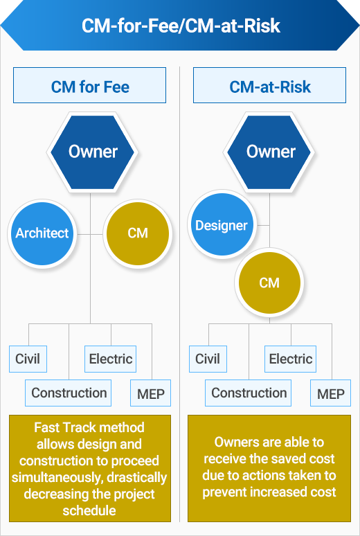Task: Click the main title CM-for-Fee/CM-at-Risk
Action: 181,26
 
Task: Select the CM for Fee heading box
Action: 89,85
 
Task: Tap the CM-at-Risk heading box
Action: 270,85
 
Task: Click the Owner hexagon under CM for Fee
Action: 93,152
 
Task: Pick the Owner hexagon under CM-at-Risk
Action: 271,152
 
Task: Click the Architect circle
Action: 42,233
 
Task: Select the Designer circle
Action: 222,224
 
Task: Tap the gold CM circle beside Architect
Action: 138,233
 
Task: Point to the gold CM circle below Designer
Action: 269,283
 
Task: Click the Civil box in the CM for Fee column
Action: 28,359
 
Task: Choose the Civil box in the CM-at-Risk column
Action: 208,359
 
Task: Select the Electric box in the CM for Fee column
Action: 111,359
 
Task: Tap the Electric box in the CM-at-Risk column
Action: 290,359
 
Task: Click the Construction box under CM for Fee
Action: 68,393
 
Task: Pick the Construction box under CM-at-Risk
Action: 249,393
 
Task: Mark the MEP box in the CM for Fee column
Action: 150,393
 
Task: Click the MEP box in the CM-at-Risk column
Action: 331,393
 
